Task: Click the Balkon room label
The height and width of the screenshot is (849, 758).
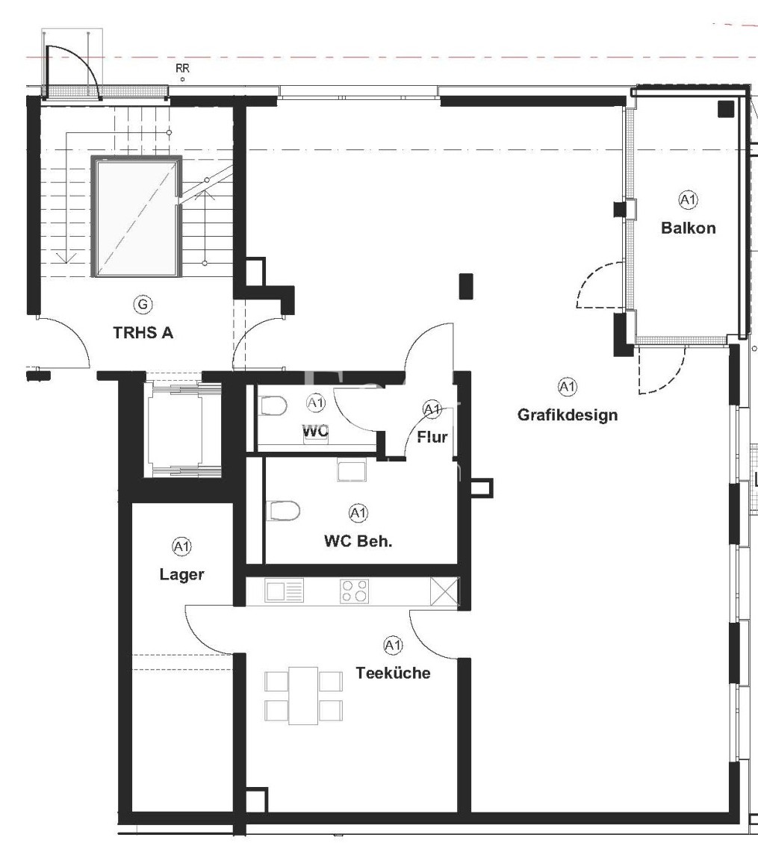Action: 688,228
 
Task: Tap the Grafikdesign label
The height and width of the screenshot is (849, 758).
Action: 568,415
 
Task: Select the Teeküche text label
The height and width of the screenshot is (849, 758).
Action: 393,673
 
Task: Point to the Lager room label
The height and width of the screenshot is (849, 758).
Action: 182,574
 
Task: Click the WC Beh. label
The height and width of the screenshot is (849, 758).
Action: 358,541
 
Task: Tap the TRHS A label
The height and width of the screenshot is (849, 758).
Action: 143,332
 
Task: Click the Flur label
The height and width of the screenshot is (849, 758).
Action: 432,437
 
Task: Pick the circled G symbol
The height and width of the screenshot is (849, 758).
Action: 143,305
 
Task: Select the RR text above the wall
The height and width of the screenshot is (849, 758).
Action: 182,69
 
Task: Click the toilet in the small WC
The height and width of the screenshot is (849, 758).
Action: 273,405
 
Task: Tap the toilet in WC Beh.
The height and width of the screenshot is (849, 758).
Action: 285,510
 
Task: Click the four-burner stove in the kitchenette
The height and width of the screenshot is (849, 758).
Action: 355,591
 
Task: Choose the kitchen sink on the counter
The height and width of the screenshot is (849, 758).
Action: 285,590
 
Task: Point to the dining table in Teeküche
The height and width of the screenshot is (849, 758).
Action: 303,696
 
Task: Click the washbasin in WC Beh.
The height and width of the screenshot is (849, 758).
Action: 352,470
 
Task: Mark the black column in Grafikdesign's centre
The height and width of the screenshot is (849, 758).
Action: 466,287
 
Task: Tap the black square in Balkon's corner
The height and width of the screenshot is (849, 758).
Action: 726,109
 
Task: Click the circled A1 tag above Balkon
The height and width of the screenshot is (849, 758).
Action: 688,200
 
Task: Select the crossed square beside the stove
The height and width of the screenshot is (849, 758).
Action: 444,591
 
